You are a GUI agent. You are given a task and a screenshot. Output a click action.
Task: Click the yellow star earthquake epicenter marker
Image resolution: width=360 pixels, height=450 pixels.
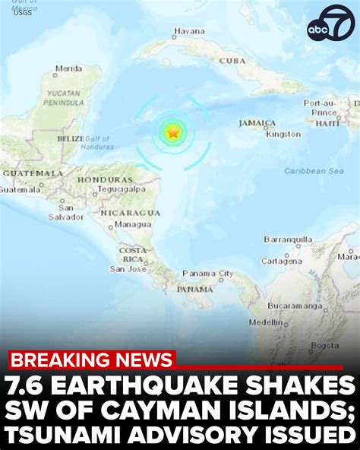tap(174, 133)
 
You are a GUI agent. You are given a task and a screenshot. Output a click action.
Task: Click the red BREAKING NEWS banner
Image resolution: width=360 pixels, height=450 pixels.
tap(91, 360)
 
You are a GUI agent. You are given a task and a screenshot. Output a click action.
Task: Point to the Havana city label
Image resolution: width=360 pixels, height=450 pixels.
tap(189, 32)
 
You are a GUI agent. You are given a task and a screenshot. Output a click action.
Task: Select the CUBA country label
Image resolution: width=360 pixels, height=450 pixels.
tap(232, 60)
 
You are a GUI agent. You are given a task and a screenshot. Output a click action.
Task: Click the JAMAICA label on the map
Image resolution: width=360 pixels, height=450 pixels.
tap(257, 122)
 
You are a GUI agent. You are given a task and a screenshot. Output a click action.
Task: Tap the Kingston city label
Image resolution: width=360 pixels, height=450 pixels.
tap(283, 135)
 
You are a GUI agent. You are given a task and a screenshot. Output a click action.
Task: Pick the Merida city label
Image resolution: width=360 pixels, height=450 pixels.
tap(68, 68)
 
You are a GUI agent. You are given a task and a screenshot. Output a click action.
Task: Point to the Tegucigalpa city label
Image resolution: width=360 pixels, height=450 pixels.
tap(122, 189)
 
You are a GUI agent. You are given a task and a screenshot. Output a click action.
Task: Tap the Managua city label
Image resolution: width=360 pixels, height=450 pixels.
tap(133, 225)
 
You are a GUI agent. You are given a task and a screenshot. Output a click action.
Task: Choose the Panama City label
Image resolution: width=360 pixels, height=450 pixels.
tap(207, 273)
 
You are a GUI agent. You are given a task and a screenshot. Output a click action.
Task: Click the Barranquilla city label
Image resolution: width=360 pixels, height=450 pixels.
tap(288, 239)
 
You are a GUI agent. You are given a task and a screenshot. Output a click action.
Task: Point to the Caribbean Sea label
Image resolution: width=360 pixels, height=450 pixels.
tap(314, 171)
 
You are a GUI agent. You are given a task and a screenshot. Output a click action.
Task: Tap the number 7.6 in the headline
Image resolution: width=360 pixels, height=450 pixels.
tap(30, 385)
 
